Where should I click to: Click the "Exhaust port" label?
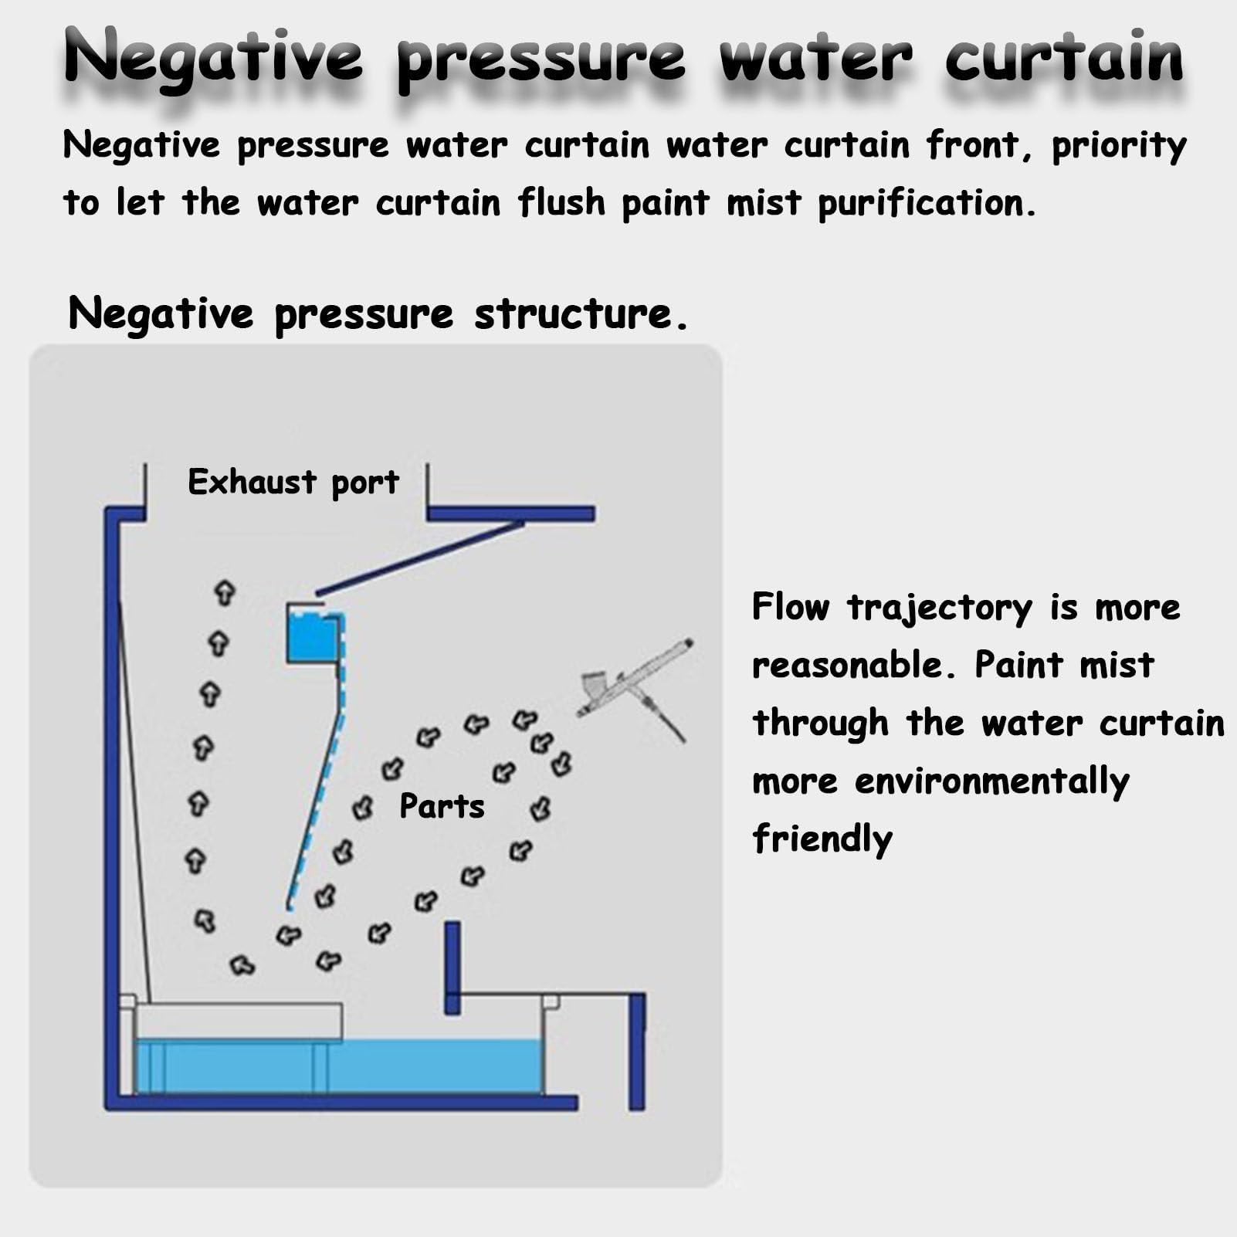coord(293,483)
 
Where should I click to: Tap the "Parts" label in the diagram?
coord(442,806)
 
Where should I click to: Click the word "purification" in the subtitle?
coord(926,204)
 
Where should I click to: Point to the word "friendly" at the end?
coord(822,839)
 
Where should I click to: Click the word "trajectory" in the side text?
coord(940,608)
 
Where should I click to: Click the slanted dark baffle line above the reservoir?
coord(421,558)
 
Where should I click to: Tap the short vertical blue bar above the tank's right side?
coord(452,968)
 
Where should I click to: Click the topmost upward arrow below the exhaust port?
coord(224,592)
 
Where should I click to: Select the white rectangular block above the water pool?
coord(238,1022)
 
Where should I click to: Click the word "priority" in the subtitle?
coord(1119,147)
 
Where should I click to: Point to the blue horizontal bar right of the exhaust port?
coord(511,513)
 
